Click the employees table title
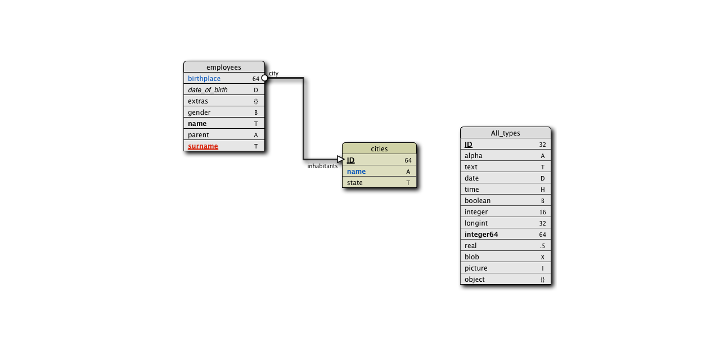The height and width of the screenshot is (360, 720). pos(224,67)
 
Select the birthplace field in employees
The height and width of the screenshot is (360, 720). pos(204,79)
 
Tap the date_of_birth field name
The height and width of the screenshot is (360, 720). pos(208,90)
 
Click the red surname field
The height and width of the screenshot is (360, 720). pos(202,146)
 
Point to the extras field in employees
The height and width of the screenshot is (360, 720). pos(198,101)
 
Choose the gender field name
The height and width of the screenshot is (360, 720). pos(199,112)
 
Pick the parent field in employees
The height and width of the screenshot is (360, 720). pos(198,135)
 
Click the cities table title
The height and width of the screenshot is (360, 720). pos(379,149)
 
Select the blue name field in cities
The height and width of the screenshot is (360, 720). pos(356,172)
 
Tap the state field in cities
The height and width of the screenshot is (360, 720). pos(354,183)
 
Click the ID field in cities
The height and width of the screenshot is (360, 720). pos(350,160)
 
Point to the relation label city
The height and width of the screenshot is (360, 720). pos(273,73)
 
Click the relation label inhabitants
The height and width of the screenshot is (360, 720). pos(322,166)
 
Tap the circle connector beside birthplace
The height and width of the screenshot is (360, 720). pos(265,78)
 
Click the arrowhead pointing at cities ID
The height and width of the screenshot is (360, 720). pos(340,160)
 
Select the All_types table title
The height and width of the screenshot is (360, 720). pos(505,133)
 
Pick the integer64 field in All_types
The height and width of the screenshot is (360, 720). pos(481,235)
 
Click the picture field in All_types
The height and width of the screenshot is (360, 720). pos(476,268)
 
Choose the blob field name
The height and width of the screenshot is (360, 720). pos(472,257)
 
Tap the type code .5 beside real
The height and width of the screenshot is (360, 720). pos(542,246)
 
